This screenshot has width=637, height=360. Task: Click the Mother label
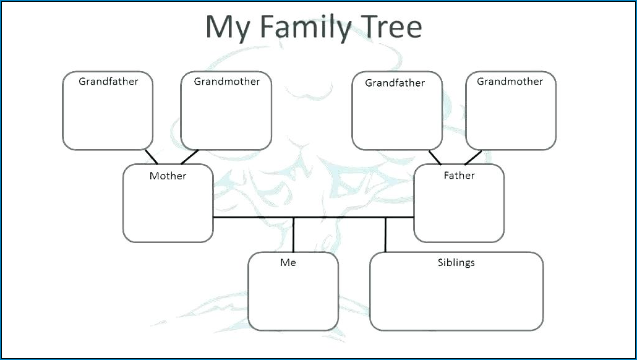point(168,176)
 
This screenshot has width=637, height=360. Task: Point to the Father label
point(459,176)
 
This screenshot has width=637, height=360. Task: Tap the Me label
point(288,263)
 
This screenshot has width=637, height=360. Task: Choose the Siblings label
point(456,263)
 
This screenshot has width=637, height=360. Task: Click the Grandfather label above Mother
point(108,81)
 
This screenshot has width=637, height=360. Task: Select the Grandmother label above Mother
point(227,82)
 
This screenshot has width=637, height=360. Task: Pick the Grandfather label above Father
point(395,83)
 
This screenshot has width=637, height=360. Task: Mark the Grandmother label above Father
point(510,82)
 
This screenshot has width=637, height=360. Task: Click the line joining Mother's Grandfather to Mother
point(152,156)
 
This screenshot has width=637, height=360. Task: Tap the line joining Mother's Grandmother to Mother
point(189,156)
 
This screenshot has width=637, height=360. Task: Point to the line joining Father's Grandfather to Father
point(435,157)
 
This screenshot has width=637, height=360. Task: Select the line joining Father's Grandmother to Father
point(473,157)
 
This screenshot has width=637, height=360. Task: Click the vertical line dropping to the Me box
point(294,235)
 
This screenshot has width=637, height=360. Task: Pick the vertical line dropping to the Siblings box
point(385,234)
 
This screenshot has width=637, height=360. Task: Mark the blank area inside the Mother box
point(168,210)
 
